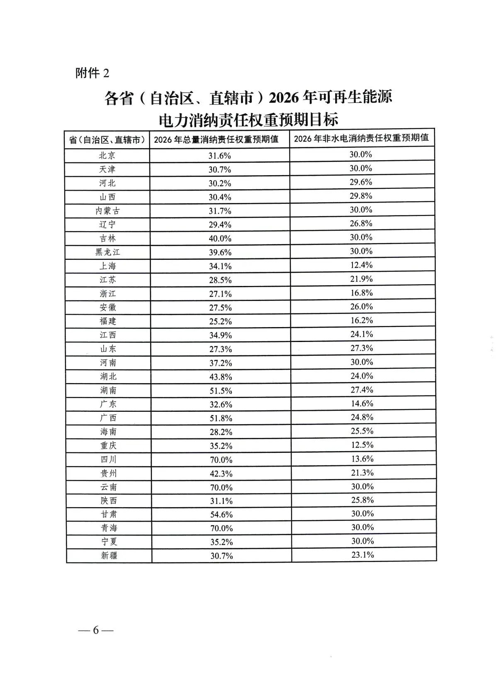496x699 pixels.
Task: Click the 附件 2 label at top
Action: pyautogui.click(x=92, y=73)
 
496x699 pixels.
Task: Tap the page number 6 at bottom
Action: pyautogui.click(x=96, y=630)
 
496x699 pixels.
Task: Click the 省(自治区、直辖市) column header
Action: pyautogui.click(x=107, y=140)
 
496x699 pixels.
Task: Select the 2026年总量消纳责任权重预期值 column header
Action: pyautogui.click(x=216, y=139)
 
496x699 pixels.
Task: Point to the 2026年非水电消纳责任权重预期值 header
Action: pyautogui.click(x=361, y=138)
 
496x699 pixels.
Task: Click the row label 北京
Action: pyautogui.click(x=107, y=156)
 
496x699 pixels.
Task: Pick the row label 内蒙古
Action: pyautogui.click(x=107, y=211)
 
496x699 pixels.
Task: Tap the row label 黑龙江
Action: pyautogui.click(x=107, y=252)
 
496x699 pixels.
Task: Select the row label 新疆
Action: pyautogui.click(x=109, y=555)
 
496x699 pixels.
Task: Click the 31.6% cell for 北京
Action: pyautogui.click(x=219, y=156)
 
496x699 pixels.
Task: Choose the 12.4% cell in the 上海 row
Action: pyautogui.click(x=361, y=265)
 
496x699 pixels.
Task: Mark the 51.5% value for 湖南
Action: pyautogui.click(x=221, y=391)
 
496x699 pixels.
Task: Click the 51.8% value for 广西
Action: pyautogui.click(x=221, y=418)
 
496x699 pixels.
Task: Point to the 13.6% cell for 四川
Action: pyautogui.click(x=362, y=459)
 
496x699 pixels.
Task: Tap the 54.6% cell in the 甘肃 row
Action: pyautogui.click(x=221, y=515)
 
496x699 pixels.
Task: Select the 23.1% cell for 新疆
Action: pyautogui.click(x=362, y=555)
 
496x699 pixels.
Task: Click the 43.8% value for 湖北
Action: pyautogui.click(x=221, y=377)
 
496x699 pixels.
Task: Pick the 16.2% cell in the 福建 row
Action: pyautogui.click(x=362, y=320)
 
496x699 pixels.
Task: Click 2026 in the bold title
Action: pyautogui.click(x=284, y=98)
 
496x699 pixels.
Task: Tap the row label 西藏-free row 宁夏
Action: pyautogui.click(x=109, y=542)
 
